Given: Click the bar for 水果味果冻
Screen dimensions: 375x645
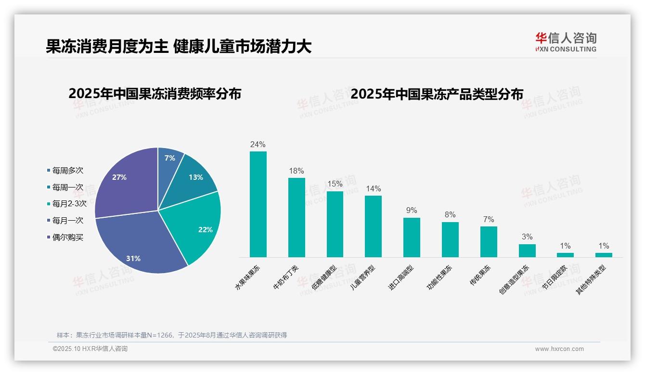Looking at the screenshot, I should click(x=258, y=204).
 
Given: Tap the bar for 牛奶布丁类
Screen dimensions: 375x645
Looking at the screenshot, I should click(x=297, y=217).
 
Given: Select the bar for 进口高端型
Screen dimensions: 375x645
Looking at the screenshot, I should click(x=412, y=237).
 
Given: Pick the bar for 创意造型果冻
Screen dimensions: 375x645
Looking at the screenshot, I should click(x=527, y=250).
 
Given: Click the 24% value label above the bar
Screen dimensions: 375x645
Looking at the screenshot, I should click(x=258, y=144).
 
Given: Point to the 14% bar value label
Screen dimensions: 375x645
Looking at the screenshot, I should click(x=373, y=188).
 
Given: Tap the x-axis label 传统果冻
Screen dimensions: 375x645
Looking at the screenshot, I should click(x=481, y=275).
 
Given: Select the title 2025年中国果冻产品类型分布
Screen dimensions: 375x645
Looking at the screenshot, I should click(x=437, y=94).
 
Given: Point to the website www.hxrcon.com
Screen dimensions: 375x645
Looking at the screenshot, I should click(x=559, y=349).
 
